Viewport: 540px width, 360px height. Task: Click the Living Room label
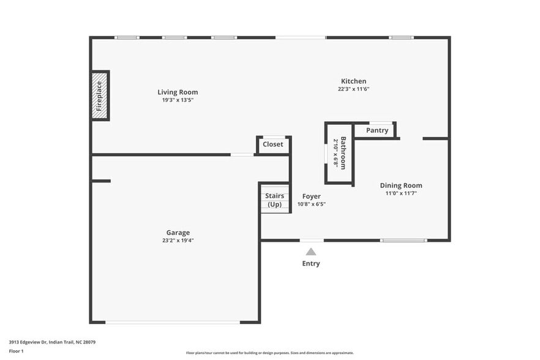tap(178, 92)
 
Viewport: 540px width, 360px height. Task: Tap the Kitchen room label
tap(353, 81)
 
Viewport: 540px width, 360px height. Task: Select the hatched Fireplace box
tap(100, 96)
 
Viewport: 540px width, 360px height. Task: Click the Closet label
tap(273, 144)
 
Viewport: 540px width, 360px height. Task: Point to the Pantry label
tap(377, 130)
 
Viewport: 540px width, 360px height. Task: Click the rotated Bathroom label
tap(343, 152)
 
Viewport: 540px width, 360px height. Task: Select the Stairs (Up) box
tap(275, 200)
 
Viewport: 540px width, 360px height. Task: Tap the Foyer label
tap(312, 197)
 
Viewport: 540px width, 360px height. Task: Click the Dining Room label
tap(401, 186)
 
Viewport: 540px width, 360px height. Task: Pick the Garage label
tap(178, 233)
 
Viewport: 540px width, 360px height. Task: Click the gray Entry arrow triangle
tap(311, 252)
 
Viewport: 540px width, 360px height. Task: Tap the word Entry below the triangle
tap(311, 264)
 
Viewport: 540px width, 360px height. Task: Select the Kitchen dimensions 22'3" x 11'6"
tap(353, 89)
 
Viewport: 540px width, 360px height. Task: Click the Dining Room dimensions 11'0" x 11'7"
tap(400, 193)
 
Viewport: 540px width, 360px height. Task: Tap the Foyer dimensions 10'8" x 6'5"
tap(312, 204)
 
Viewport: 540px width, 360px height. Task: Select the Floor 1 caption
tap(16, 351)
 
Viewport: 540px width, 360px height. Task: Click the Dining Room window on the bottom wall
tap(403, 241)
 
